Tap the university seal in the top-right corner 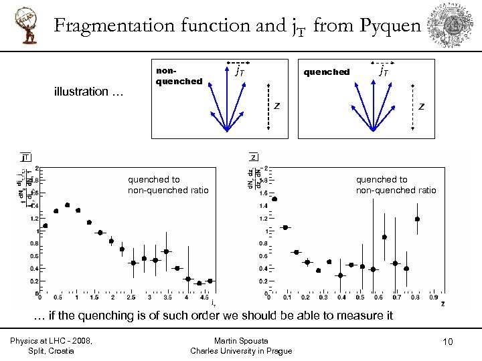point(457,25)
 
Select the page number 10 point(447,342)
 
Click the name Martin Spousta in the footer point(241,341)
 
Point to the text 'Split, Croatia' point(51,351)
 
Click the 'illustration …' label point(88,92)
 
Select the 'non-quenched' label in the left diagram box point(179,76)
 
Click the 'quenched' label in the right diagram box point(327,72)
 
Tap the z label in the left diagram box point(276,106)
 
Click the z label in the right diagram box point(421,106)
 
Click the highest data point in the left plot point(67,205)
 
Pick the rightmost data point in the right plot point(417,219)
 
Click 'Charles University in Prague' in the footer point(241,351)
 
